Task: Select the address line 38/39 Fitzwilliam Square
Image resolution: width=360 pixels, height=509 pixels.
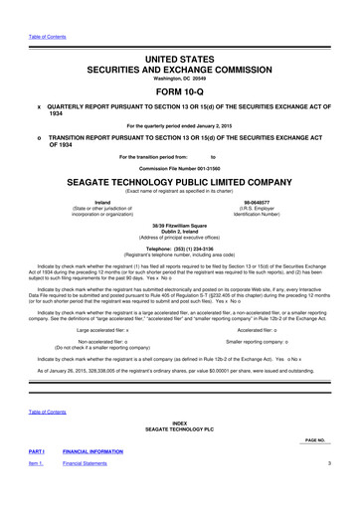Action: [x=179, y=225]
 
